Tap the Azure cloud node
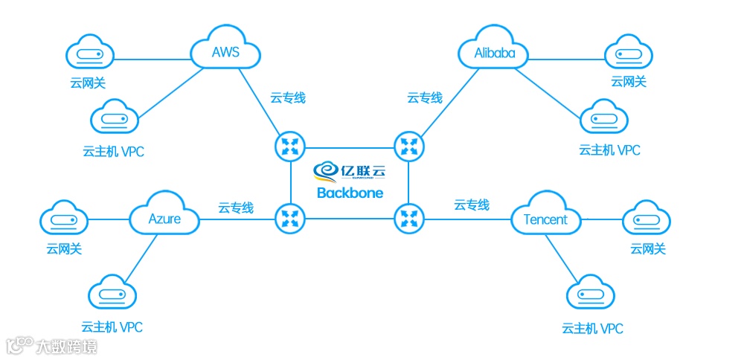tap(164, 219)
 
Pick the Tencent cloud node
tap(545, 219)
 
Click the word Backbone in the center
tap(350, 193)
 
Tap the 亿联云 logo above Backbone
tap(350, 170)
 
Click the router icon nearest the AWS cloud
tap(289, 145)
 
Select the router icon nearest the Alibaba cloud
tap(408, 145)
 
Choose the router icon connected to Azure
tap(289, 218)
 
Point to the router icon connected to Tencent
tap(408, 218)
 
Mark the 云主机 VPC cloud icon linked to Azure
tap(112, 296)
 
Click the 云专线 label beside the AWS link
tap(287, 97)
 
